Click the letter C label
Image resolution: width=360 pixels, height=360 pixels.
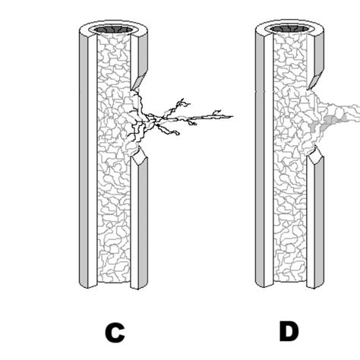[x=115, y=332]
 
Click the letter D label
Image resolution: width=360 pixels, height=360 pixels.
[x=288, y=331]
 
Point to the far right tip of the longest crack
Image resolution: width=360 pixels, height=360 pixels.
[x=231, y=116]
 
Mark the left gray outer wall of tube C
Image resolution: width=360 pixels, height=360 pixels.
[x=84, y=159]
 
